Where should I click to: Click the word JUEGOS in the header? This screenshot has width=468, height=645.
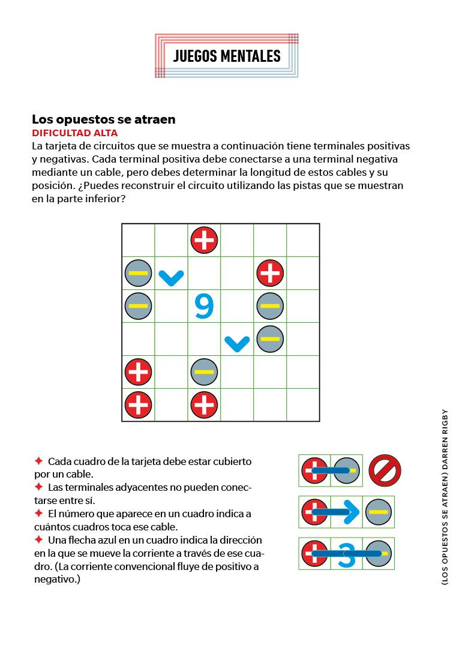click(x=195, y=56)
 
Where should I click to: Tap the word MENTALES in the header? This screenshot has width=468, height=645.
click(x=250, y=56)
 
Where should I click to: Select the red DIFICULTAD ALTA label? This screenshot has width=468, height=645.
click(x=75, y=133)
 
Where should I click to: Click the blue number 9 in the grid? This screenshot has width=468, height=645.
click(x=204, y=306)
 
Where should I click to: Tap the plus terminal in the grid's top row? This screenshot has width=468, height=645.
click(x=204, y=241)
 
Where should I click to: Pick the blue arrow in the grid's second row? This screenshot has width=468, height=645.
click(x=171, y=277)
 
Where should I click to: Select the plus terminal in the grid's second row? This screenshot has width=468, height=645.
click(x=270, y=274)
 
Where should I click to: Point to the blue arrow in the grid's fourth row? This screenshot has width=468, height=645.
click(x=237, y=343)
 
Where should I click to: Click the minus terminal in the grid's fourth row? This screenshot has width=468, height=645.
click(x=270, y=339)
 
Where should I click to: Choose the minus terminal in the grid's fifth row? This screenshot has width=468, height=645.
click(x=204, y=372)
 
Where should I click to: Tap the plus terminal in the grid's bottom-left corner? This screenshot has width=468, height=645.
click(x=138, y=405)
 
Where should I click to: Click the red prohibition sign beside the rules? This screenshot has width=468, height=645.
click(x=385, y=470)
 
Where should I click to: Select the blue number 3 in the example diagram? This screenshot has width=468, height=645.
click(x=347, y=554)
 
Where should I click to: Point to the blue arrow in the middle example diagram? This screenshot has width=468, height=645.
click(x=345, y=512)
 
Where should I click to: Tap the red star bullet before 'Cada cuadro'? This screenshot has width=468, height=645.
click(x=38, y=461)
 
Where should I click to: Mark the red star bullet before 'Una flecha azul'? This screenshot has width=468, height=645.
click(x=38, y=540)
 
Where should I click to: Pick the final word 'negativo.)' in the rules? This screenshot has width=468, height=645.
click(x=57, y=580)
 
